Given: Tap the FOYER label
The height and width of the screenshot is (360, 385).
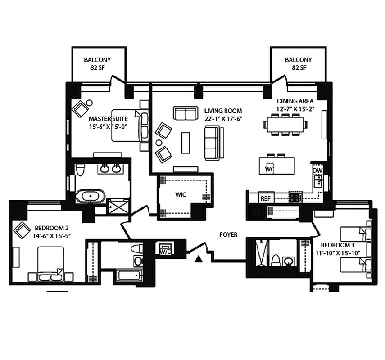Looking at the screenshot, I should point(228,235).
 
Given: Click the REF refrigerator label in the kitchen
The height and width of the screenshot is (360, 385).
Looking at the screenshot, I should point(264,198).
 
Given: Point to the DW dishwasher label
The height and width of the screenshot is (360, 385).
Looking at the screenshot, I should point(317,171).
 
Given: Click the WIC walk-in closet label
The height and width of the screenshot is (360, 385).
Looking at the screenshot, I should point(181,195).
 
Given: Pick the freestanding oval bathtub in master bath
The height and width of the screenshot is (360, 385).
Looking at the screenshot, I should point(91,196).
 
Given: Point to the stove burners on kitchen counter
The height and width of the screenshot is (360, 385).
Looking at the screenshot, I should point(295,197).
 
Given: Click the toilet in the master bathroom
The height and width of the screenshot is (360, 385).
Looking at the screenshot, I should point(80,170).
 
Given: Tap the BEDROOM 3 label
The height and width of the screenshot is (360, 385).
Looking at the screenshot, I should point(336,245).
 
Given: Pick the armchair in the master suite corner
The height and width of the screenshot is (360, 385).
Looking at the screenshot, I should point(82,108).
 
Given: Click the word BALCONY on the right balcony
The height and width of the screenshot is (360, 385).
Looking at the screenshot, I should point(298,60).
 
